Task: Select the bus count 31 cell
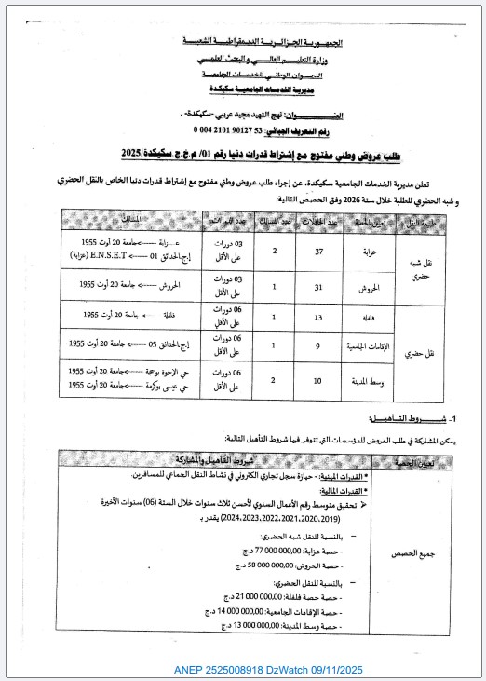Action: [x=319, y=287]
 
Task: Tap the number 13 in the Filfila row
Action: [x=319, y=316]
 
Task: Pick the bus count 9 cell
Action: [x=319, y=347]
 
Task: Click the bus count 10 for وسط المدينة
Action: [x=319, y=380]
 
